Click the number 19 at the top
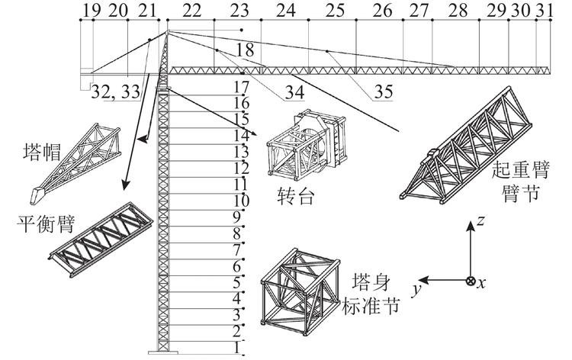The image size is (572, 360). pos(91,10)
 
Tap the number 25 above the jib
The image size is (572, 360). pos(335,10)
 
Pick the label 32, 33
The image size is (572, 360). pos(115,92)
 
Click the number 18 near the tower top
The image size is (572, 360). pos(245,50)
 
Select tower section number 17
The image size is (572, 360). pos(242,86)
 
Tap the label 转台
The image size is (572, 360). pos(291,198)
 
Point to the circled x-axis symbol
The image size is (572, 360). pos(471,281)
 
